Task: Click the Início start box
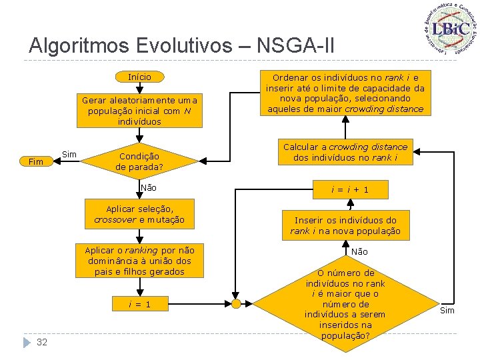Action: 139,77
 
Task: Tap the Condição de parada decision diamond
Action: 139,161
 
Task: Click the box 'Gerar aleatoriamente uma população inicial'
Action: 139,111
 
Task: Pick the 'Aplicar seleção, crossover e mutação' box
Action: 139,215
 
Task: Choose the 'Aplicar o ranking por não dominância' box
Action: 139,261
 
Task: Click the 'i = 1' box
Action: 139,304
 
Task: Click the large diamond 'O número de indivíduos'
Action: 345,304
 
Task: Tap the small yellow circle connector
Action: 236,304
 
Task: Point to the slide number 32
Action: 42,342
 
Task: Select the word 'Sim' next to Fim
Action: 69,155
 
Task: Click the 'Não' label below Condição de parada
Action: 149,188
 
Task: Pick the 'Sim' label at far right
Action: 447,311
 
